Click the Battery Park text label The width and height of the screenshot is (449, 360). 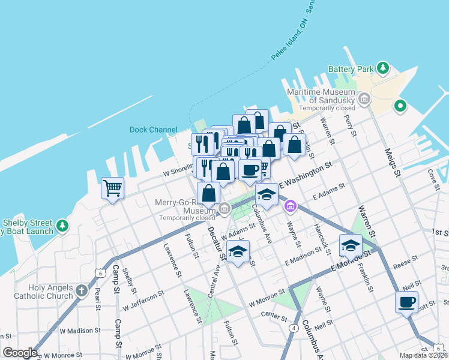coord(351,70)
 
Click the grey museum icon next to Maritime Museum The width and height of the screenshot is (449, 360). coord(363,98)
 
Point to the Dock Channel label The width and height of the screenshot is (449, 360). coord(154,130)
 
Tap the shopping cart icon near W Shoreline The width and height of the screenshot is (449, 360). coord(112,188)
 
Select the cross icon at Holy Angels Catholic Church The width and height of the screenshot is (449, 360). coord(82,292)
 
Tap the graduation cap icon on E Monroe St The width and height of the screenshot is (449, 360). coord(351,245)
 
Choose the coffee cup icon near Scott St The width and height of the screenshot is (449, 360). coord(406,302)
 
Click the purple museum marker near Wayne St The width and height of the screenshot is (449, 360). coord(291,206)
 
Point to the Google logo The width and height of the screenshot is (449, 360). coord(20,353)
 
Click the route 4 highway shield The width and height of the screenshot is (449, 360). coord(294,328)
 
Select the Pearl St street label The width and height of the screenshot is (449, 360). coord(97,298)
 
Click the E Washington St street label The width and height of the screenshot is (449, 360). coord(305,175)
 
